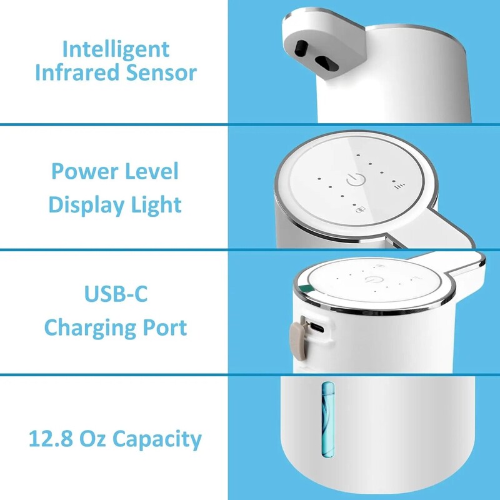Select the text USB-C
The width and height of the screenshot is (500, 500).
pyautogui.click(x=116, y=293)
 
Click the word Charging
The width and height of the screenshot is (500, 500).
pyautogui.click(x=90, y=327)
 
